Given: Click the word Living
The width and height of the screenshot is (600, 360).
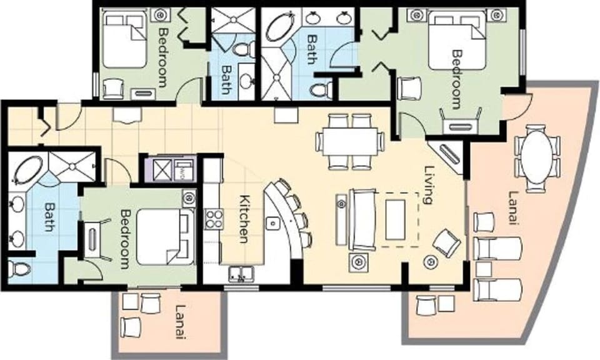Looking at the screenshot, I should (429, 184).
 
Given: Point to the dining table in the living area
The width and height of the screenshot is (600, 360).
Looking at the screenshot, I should (349, 141).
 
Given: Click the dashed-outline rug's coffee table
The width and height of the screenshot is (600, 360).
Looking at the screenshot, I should (396, 218).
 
